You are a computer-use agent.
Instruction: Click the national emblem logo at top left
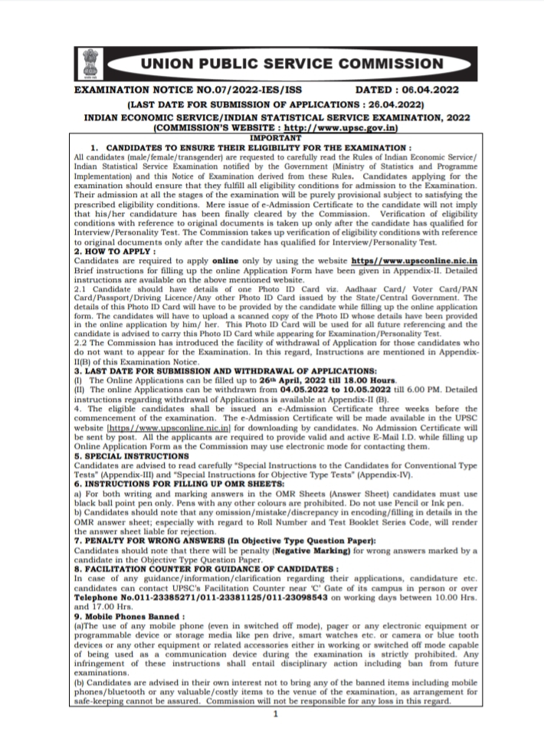coord(91,64)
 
